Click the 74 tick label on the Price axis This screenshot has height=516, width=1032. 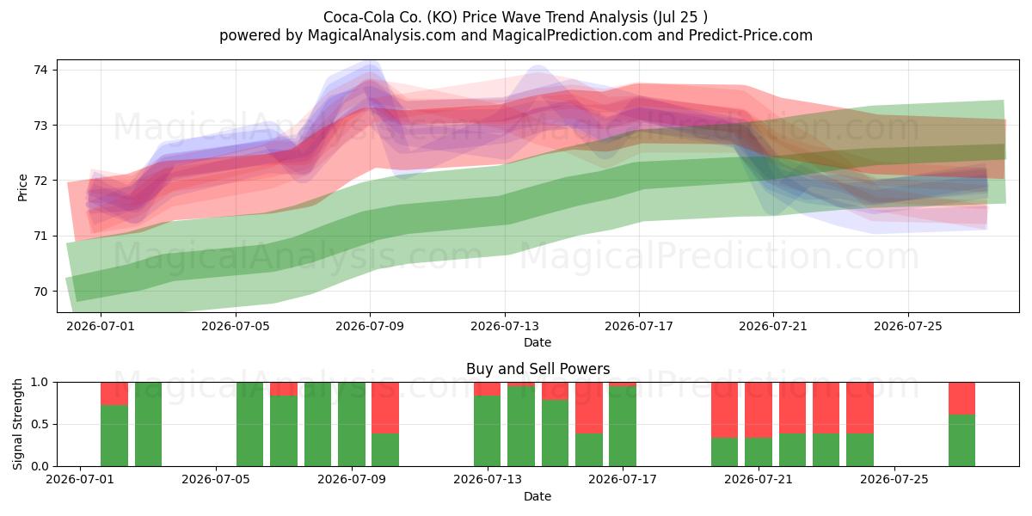click(40, 70)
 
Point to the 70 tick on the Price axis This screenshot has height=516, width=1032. click(40, 292)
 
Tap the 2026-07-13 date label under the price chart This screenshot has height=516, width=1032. click(505, 326)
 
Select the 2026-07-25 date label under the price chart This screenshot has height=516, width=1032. click(908, 326)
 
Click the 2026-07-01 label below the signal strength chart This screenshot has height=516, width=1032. click(80, 479)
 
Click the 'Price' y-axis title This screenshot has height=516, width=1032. click(22, 187)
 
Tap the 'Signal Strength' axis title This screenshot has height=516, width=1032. click(17, 424)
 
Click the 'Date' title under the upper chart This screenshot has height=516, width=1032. click(537, 342)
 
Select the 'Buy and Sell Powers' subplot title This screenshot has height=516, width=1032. click(537, 369)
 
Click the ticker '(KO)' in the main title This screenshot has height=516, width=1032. click(442, 17)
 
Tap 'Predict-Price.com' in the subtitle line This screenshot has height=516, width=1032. click(751, 35)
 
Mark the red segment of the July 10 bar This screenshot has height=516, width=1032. click(385, 408)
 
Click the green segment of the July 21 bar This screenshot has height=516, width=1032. click(759, 452)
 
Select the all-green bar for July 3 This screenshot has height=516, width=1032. click(148, 424)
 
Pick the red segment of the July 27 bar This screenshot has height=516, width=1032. click(961, 398)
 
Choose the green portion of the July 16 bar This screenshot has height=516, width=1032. click(589, 450)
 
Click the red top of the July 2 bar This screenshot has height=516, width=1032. click(114, 394)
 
